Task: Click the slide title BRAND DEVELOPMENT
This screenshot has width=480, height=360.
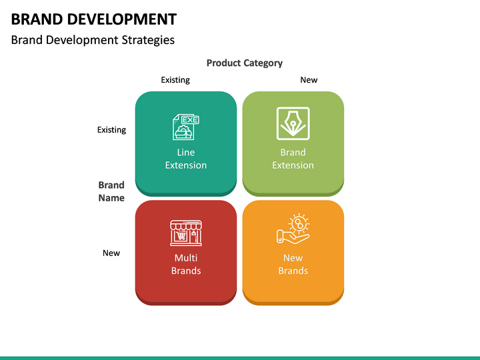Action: (94, 19)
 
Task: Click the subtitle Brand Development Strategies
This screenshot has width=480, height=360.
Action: (93, 40)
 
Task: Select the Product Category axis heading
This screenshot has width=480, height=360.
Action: (244, 63)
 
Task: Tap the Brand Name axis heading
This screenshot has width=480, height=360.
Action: (111, 191)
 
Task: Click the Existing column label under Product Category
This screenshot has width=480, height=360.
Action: (175, 80)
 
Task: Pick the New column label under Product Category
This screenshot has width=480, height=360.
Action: (309, 80)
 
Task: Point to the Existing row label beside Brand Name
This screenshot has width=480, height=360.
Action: (111, 130)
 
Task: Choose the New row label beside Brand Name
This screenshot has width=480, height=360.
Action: (111, 253)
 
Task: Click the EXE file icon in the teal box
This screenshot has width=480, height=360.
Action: (186, 125)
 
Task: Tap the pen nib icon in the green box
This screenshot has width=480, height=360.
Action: (293, 123)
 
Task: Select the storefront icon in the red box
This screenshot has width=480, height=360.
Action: (186, 233)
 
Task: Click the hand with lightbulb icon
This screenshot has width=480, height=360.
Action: (293, 229)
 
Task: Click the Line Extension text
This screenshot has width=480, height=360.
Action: (186, 159)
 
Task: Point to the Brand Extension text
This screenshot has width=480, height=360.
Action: (293, 159)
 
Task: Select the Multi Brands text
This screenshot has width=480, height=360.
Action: (186, 264)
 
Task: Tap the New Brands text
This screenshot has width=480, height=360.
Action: (293, 264)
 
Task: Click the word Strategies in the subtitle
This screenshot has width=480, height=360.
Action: (148, 40)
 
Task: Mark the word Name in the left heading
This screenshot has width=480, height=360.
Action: (111, 198)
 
